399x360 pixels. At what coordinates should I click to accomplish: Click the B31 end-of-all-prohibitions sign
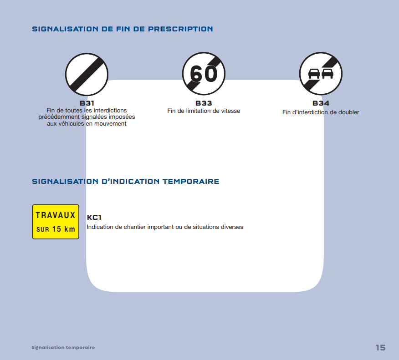click(87, 75)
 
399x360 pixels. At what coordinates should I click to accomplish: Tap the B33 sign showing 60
click(204, 74)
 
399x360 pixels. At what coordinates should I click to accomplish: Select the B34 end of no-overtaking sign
click(321, 74)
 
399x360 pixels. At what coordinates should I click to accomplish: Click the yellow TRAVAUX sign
click(56, 222)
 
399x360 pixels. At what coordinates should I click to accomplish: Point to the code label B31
click(87, 103)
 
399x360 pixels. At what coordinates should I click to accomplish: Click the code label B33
click(204, 103)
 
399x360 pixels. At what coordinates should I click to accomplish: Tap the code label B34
click(321, 103)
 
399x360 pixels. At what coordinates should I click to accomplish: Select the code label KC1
click(94, 218)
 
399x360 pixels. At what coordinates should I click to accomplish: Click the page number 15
click(380, 347)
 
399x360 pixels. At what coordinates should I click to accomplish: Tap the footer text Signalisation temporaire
click(63, 347)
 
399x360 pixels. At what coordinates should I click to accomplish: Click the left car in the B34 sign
click(314, 73)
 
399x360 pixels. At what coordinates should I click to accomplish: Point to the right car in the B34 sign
click(327, 73)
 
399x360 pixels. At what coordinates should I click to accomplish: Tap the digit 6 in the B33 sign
click(196, 74)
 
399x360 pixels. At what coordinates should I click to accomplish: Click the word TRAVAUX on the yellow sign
click(56, 215)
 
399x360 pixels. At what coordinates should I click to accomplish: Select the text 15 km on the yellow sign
click(63, 229)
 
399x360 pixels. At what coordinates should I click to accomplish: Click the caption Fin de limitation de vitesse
click(204, 111)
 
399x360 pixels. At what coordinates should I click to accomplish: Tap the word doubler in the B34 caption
click(348, 112)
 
